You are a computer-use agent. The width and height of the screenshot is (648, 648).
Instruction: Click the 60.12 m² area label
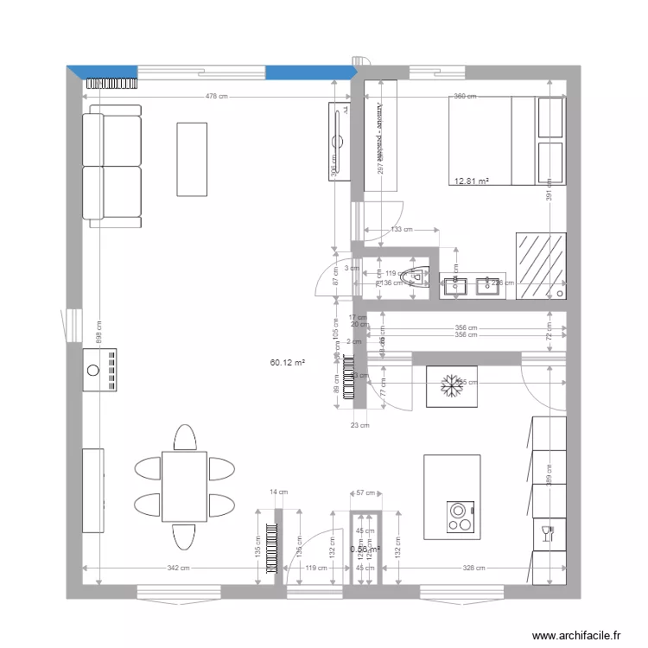point(288,364)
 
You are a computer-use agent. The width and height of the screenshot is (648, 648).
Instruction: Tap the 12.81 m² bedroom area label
point(472,181)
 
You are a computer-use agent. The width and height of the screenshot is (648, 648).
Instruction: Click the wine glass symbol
point(545,532)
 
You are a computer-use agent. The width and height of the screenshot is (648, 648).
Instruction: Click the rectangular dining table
point(184,486)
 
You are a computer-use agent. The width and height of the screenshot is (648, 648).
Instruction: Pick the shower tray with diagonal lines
point(541,265)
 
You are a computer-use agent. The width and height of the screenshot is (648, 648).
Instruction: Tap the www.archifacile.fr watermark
point(575,635)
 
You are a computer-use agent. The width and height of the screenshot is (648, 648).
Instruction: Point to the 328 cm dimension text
point(474,568)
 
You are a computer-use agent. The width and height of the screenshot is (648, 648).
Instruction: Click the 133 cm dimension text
point(401,230)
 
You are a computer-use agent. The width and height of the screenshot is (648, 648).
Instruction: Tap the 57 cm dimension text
point(365,493)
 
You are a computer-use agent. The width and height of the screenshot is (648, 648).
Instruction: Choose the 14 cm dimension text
point(278,492)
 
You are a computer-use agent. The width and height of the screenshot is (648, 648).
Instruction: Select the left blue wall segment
point(104,72)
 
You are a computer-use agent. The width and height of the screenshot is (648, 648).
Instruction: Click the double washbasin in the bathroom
point(472,285)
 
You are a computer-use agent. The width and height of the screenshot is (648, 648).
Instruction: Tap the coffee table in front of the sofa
point(192,159)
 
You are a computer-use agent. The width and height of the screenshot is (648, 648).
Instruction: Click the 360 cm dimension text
point(465,97)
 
